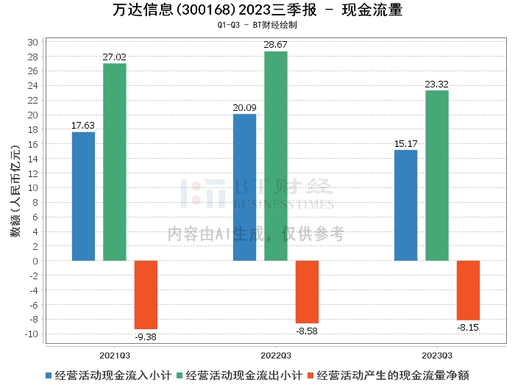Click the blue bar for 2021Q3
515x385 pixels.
[x=83, y=196]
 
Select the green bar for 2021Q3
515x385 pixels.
[x=114, y=162]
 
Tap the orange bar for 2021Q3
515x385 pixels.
[x=146, y=295]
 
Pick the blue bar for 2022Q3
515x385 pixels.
[x=244, y=187]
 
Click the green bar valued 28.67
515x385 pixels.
[x=276, y=156]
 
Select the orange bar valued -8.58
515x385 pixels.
[x=307, y=292]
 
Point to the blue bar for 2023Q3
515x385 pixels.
[x=405, y=205]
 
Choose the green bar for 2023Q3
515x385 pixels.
[x=437, y=176]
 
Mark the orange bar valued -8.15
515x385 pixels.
[x=468, y=290]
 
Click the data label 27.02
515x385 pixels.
[x=114, y=56]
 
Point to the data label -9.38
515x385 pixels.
[x=146, y=337]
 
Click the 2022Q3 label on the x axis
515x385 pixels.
[x=276, y=353]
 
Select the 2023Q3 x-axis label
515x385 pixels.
[x=437, y=353]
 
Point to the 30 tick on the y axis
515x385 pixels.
[x=33, y=42]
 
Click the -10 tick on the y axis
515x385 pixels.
[x=31, y=334]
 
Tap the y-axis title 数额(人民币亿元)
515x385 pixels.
[x=13, y=187]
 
